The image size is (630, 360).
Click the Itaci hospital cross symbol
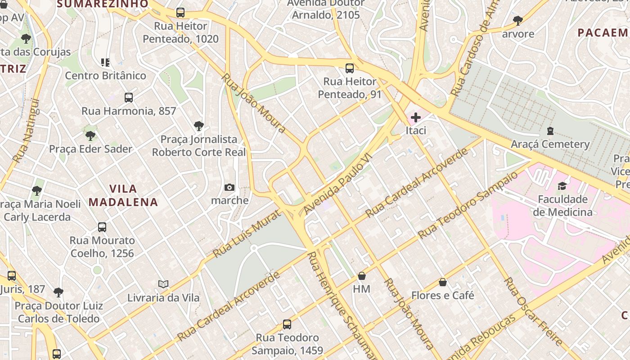[416, 118]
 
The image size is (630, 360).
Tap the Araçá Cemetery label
[550, 144]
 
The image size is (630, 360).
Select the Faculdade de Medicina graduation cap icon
[562, 186]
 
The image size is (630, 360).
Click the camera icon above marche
[229, 187]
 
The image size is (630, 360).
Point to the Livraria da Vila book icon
[163, 284]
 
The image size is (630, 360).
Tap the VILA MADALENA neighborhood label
[123, 195]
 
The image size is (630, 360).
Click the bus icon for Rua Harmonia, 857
[129, 98]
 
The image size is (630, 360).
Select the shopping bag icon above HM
[362, 276]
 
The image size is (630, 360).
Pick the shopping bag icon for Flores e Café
[443, 283]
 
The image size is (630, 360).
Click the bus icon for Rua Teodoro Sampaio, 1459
[287, 324]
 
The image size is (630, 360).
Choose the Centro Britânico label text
[106, 76]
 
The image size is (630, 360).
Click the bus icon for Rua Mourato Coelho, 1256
[102, 227]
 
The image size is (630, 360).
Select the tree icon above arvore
[518, 21]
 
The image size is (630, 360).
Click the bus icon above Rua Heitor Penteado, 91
[350, 68]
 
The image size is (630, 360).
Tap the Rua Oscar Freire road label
[533, 311]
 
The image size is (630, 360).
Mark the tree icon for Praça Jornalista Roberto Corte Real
[198, 126]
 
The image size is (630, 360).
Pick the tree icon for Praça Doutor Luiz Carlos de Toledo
[58, 292]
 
